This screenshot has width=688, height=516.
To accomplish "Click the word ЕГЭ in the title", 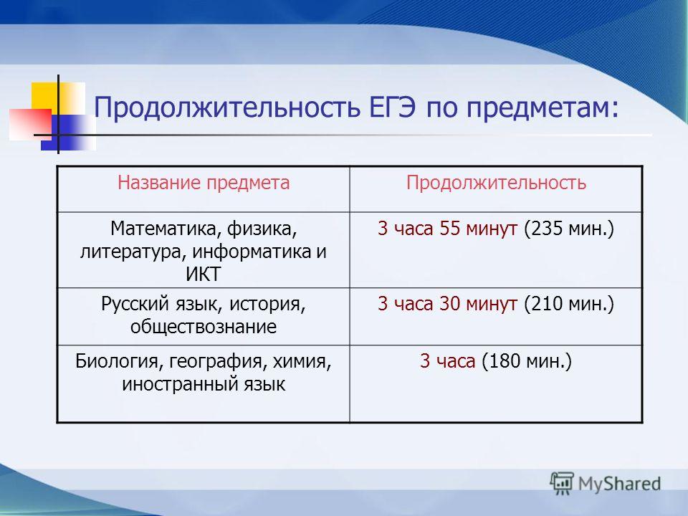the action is tap(392, 107).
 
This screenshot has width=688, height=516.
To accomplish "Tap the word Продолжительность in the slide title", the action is tap(227, 108).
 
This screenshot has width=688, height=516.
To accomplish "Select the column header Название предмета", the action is tap(204, 183).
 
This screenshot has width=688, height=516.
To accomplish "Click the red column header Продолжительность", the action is tap(496, 183).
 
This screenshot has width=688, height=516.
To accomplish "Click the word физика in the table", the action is tap(262, 229).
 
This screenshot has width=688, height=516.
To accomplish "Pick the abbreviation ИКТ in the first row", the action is tap(203, 274).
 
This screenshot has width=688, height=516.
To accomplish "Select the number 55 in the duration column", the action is tap(450, 229).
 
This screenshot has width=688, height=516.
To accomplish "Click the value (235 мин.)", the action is tap(569, 229).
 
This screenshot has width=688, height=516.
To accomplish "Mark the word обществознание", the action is tap(203, 327).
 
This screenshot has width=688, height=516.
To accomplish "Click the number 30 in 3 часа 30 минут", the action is tap(450, 304).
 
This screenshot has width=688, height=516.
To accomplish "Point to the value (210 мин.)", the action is tap(569, 304).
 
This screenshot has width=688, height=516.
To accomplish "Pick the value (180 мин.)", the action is tap(527, 361).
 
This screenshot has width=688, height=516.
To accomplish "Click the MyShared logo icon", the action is tap(562, 483).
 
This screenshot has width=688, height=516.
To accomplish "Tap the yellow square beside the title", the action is tap(44, 97).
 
